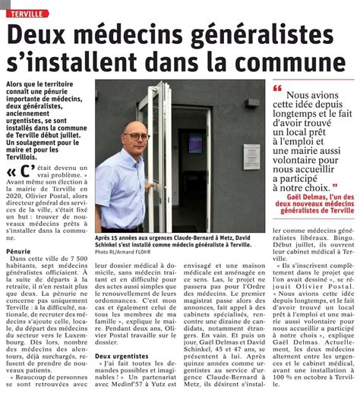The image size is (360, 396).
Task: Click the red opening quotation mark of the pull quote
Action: [277, 87]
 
